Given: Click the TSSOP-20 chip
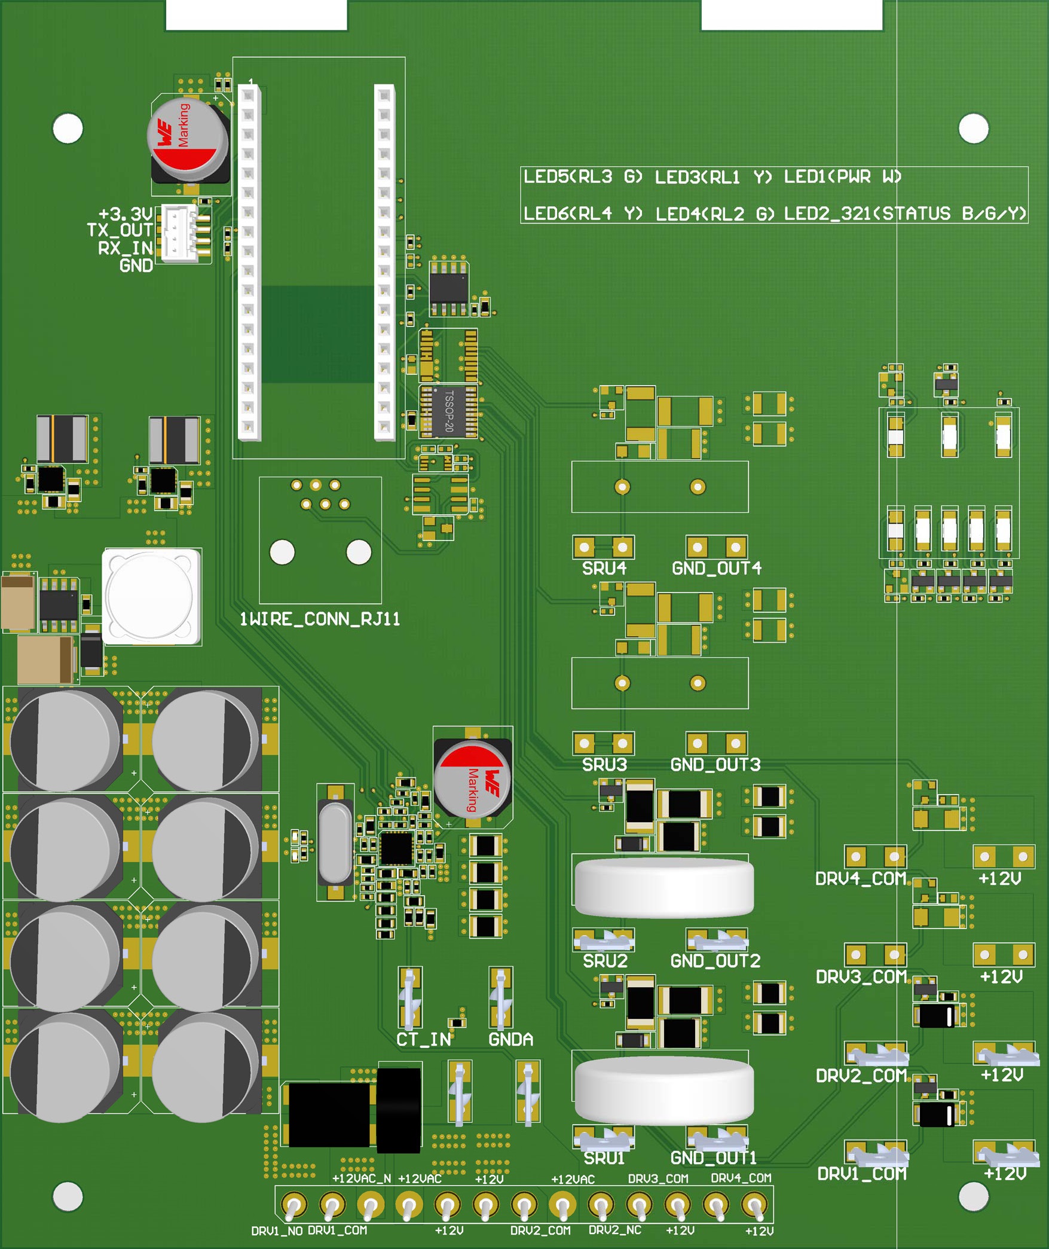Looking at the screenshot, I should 448,411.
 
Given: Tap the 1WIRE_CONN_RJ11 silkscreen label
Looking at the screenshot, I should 319,619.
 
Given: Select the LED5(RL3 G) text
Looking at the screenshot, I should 583,177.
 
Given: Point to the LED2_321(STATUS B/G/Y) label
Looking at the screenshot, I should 904,213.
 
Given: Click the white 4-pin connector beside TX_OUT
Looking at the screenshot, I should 180,233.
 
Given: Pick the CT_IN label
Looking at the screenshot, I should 423,1040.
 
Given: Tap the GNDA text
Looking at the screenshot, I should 510,1040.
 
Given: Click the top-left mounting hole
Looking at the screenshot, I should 68,129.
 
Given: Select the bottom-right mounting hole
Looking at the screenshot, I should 973,1196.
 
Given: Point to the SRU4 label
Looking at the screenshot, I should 604,568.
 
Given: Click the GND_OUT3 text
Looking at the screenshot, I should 715,765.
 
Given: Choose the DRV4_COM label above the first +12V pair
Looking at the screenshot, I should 861,879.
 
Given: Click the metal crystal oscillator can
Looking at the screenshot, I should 335,842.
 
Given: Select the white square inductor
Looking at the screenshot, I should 151,596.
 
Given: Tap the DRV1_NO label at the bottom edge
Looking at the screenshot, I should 276,1231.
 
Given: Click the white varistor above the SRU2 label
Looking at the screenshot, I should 663,888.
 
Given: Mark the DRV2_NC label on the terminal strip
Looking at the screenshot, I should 614,1230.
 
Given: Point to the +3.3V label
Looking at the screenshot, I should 125,214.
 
